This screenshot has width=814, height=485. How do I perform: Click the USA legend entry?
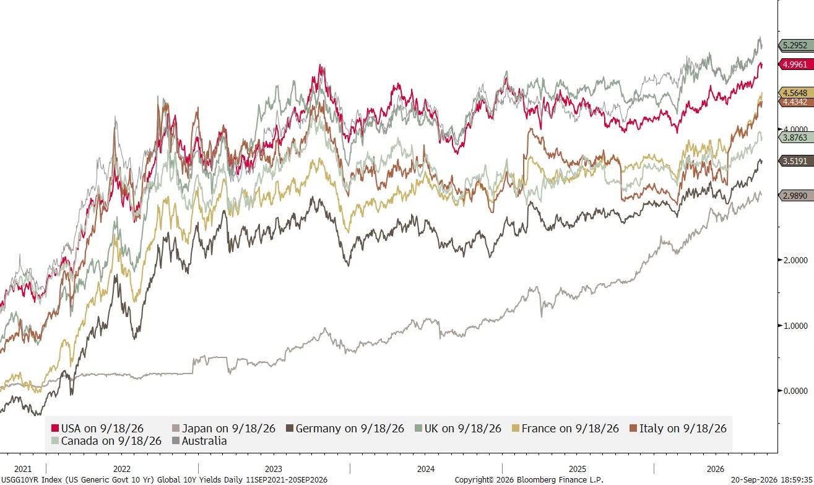pyautogui.click(x=97, y=428)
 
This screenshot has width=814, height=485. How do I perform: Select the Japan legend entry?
pyautogui.click(x=223, y=428)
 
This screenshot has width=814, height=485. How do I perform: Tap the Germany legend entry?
pyautogui.click(x=345, y=428)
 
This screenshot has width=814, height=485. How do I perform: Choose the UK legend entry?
pyautogui.click(x=458, y=428)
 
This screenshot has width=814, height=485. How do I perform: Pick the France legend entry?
pyautogui.click(x=565, y=428)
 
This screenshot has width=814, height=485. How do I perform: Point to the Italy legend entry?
pyautogui.click(x=678, y=428)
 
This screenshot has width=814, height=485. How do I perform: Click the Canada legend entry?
pyautogui.click(x=106, y=440)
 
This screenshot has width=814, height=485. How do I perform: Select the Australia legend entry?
pyautogui.click(x=199, y=440)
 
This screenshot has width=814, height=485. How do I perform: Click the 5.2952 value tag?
pyautogui.click(x=796, y=45)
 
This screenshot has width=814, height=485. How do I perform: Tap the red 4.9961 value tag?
pyautogui.click(x=796, y=64)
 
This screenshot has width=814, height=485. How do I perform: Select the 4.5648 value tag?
pyautogui.click(x=796, y=93)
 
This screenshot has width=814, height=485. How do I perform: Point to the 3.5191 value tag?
pyautogui.click(x=796, y=160)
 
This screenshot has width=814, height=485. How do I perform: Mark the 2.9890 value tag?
pyautogui.click(x=796, y=196)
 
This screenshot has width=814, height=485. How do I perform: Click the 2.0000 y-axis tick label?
pyautogui.click(x=795, y=260)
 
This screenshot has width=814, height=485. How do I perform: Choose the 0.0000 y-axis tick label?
pyautogui.click(x=795, y=391)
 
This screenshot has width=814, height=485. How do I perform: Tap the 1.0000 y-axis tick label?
pyautogui.click(x=795, y=326)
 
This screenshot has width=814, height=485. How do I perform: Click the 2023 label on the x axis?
pyautogui.click(x=273, y=469)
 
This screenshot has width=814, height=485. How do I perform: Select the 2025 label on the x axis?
pyautogui.click(x=578, y=469)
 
